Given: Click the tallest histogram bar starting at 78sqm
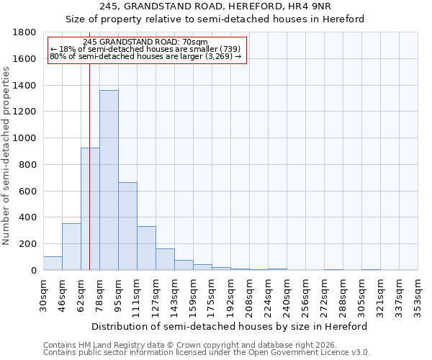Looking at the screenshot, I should [109, 180].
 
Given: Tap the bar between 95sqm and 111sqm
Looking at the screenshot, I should [127, 226].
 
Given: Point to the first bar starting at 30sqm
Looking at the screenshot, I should [53, 264].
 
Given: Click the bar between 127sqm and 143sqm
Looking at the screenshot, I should [165, 259].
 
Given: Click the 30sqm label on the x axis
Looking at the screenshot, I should [43, 292].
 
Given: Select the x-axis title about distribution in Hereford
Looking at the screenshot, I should [230, 326].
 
